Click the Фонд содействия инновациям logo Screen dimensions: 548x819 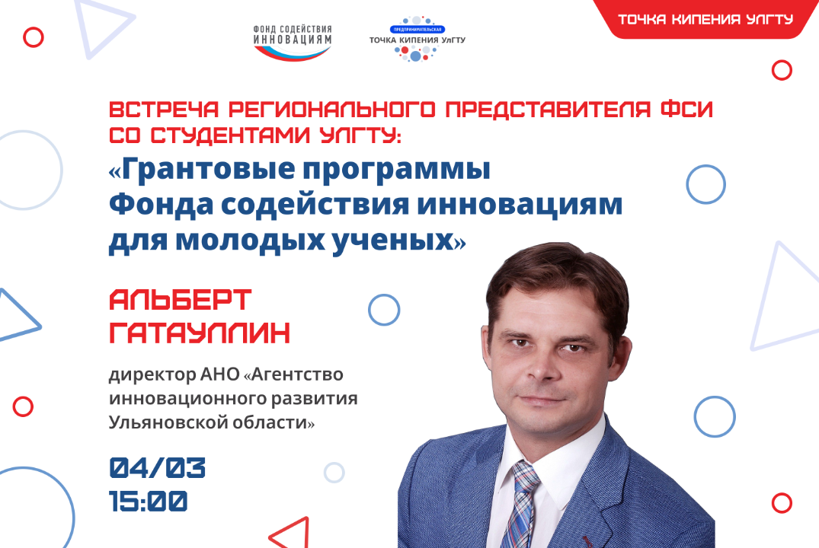(x=292, y=42)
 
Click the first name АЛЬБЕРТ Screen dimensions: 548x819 (x=180, y=300)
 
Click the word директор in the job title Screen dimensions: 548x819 (x=146, y=375)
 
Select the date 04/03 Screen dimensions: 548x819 (x=158, y=468)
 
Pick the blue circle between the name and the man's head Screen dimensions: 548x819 (x=384, y=310)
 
